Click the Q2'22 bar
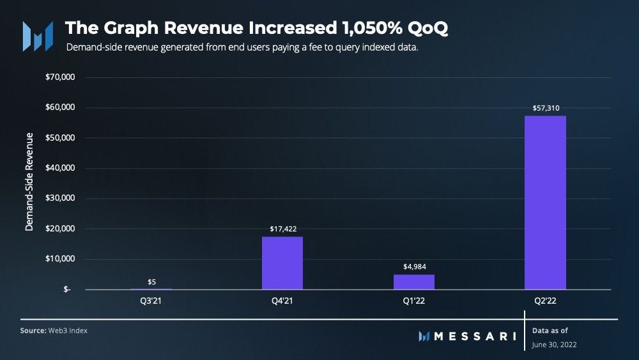click(x=545, y=202)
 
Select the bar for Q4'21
click(x=282, y=263)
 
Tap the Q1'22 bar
click(x=413, y=282)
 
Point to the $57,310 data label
click(x=546, y=108)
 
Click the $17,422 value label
click(x=282, y=229)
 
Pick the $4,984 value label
click(x=413, y=267)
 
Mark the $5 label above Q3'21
click(x=151, y=281)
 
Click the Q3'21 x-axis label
click(x=151, y=300)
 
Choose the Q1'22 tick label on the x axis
click(x=413, y=300)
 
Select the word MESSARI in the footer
click(x=475, y=336)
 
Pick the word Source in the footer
click(x=33, y=331)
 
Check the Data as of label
click(x=550, y=330)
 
